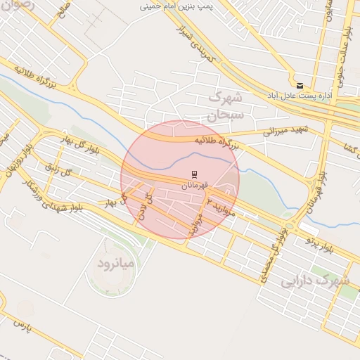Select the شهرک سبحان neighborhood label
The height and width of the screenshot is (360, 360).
tap(226, 105)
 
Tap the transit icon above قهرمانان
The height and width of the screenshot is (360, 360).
tap(195, 173)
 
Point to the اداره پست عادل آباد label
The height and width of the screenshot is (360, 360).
tap(295, 94)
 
